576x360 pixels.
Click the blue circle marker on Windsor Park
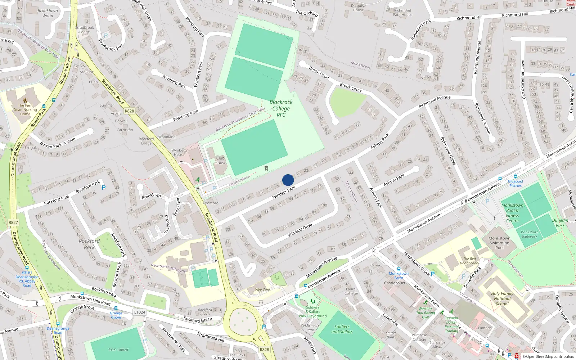[x=288, y=180]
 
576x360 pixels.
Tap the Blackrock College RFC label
[x=281, y=108]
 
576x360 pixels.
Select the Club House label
[x=220, y=160]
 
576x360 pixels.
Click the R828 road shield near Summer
[x=129, y=111]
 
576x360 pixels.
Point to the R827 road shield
[x=13, y=222]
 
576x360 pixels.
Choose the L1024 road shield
[x=140, y=312]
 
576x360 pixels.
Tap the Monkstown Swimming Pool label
[x=499, y=243]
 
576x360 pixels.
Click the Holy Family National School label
[x=502, y=298]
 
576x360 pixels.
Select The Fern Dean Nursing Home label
[x=25, y=109]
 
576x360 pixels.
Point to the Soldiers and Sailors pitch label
[x=342, y=329]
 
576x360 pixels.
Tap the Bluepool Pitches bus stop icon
[x=516, y=177]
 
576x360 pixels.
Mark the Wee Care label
[x=262, y=289]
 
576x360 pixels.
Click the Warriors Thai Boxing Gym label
[x=426, y=313]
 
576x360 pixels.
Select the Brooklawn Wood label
[x=48, y=13]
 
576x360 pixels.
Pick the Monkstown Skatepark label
[x=529, y=234]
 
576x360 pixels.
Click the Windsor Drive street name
[x=300, y=230]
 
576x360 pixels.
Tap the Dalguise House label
[x=358, y=8]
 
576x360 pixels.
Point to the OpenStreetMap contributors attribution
[x=548, y=356]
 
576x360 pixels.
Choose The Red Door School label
[x=469, y=261]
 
